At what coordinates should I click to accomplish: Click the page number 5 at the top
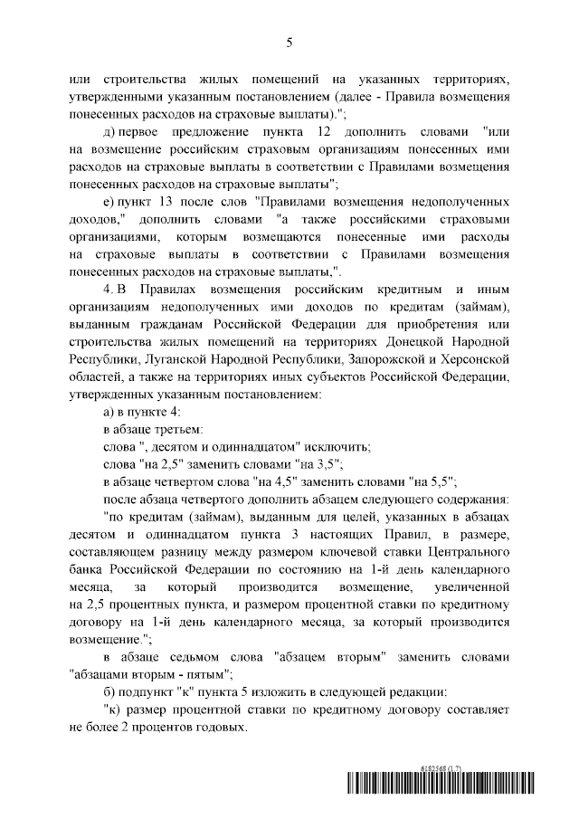click(x=289, y=41)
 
